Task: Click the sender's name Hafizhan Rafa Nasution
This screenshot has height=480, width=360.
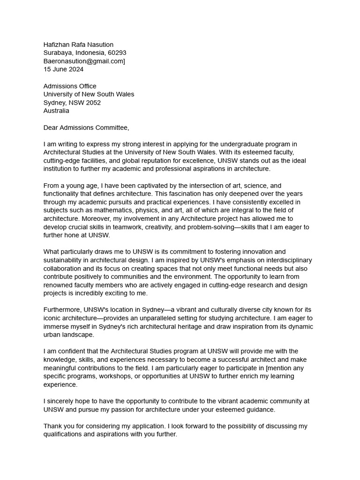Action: pos(78,45)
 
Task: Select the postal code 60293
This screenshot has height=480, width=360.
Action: pos(117,53)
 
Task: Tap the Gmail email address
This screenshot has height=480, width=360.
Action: pos(84,61)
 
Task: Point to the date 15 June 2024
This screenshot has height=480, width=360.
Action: pos(63,69)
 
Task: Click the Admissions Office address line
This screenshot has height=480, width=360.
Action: pos(70,86)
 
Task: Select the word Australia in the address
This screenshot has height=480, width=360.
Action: pos(56,111)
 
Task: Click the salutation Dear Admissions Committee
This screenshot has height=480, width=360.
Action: pos(86,127)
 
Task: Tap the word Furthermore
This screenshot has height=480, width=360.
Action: pos(63,310)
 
